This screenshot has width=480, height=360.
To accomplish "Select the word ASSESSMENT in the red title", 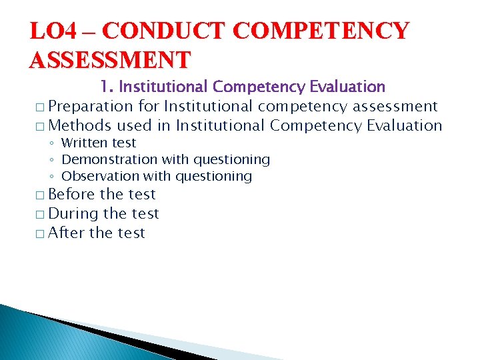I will [x=109, y=60].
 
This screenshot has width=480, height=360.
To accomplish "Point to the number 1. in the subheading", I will [x=107, y=87].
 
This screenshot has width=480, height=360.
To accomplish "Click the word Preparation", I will [x=91, y=106].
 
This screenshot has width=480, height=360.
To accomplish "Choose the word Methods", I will [x=80, y=125].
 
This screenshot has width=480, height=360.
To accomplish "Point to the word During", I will [x=73, y=213].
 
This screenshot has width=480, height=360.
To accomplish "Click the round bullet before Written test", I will [x=52, y=143].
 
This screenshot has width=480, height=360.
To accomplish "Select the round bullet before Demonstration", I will [x=52, y=160].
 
